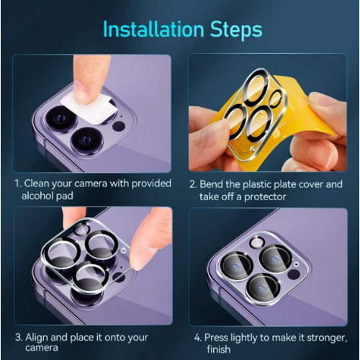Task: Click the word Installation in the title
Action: (x=153, y=30)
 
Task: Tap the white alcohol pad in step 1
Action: (x=89, y=107)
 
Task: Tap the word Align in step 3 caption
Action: (x=37, y=338)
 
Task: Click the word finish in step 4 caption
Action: (x=218, y=349)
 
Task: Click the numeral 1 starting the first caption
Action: (x=17, y=184)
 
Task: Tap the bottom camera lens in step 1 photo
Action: (x=87, y=140)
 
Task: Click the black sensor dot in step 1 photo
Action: (x=119, y=126)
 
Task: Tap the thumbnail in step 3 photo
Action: (x=143, y=259)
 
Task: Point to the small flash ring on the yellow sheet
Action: (x=276, y=98)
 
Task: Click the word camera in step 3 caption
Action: (x=42, y=348)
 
